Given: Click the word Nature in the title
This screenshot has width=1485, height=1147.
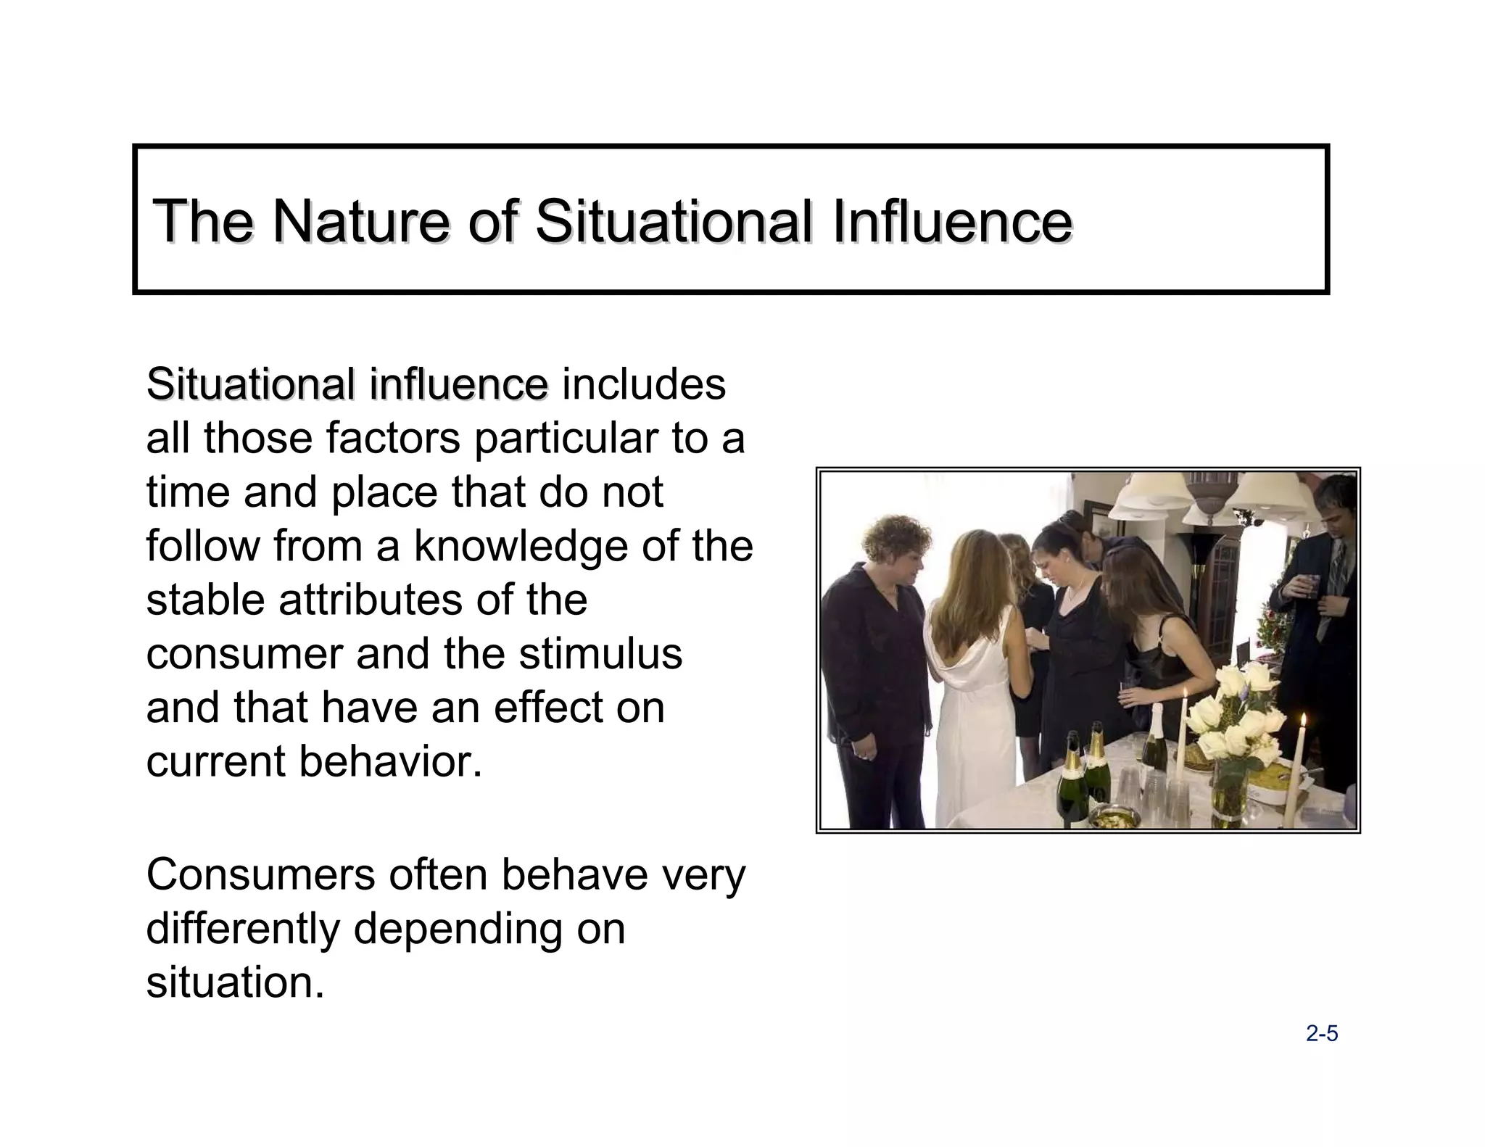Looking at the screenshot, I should (361, 220).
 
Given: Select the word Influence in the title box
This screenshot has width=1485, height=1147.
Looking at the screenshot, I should (951, 220).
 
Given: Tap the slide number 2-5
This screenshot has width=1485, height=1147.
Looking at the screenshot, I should (1322, 1034).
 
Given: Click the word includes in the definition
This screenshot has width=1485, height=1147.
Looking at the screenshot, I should (644, 384).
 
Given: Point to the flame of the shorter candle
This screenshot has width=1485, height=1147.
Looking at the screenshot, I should (1303, 721).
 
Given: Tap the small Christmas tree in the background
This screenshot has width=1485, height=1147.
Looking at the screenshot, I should (1270, 631).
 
